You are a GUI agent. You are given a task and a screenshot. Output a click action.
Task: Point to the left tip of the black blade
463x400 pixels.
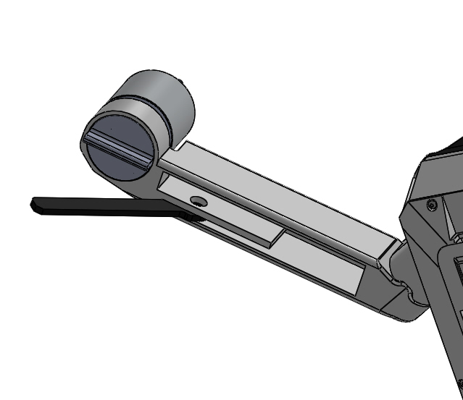point(34,205)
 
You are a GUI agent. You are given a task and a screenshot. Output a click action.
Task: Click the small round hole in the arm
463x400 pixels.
point(196,200)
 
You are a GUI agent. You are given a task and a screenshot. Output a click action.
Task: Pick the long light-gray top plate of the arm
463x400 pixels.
point(275,195)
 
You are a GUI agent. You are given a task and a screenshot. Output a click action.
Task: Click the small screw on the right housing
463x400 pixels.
point(432,205)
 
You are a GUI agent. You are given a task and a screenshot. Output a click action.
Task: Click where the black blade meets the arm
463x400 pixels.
point(190,216)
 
